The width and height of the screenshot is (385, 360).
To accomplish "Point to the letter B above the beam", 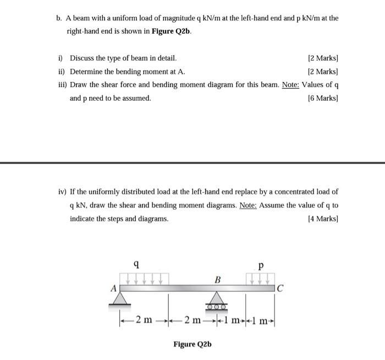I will (x=217, y=280).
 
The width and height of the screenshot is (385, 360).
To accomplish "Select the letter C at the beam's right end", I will (x=280, y=287).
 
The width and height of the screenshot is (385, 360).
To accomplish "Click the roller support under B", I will (x=217, y=299).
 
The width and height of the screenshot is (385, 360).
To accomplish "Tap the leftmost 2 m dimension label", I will (x=145, y=320).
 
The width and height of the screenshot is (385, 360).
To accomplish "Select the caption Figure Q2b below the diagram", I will (x=193, y=345).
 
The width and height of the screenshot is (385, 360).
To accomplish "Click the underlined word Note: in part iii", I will (x=290, y=85).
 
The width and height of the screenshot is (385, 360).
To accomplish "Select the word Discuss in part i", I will (x=82, y=58).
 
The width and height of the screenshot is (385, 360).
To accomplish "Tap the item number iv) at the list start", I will (x=62, y=192).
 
